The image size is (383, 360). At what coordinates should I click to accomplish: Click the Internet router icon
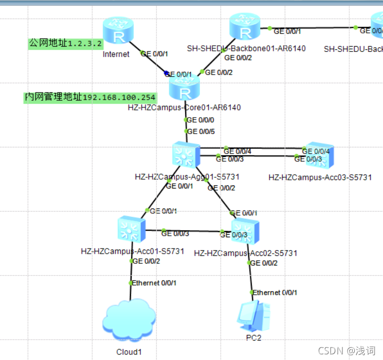click(x=118, y=32)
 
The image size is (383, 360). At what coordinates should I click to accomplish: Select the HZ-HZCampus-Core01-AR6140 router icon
click(x=185, y=90)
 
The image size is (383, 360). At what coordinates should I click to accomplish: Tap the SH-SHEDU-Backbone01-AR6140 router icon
click(x=246, y=28)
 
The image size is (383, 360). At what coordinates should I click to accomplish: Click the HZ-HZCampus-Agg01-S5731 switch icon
click(x=186, y=155)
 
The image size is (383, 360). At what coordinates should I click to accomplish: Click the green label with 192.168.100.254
click(x=89, y=97)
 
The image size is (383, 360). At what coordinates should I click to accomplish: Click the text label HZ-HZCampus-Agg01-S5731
click(x=187, y=177)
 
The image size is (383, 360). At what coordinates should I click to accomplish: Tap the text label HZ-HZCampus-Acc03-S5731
click(x=320, y=178)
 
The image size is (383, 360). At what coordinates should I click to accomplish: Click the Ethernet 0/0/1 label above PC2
click(x=275, y=293)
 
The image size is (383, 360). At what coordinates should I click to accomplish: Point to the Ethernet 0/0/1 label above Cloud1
click(x=154, y=283)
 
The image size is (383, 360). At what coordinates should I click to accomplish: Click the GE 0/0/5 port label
click(x=200, y=131)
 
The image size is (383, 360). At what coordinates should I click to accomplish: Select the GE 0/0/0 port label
click(x=200, y=120)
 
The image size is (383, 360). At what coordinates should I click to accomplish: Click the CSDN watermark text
click(x=346, y=351)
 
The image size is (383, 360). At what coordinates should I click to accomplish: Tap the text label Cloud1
click(x=129, y=352)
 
